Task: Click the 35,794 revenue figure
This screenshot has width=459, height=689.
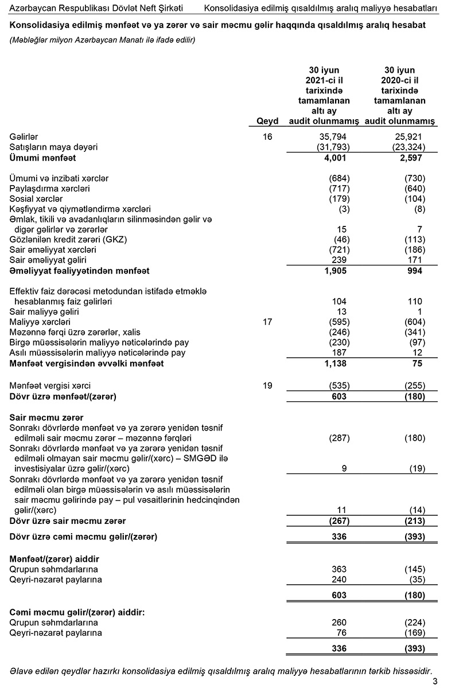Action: (333, 137)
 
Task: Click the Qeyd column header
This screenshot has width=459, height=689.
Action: (268, 121)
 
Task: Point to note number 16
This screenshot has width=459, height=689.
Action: (267, 137)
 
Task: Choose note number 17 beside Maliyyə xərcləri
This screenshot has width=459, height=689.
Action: (267, 322)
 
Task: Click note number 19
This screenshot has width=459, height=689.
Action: (267, 386)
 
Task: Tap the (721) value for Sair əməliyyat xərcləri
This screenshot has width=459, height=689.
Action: (337, 250)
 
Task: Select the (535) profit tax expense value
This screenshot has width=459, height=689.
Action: (337, 386)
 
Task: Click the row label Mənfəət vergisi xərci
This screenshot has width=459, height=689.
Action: (50, 386)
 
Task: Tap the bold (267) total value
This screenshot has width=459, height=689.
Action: (337, 521)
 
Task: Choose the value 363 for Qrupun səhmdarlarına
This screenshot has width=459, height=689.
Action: (340, 569)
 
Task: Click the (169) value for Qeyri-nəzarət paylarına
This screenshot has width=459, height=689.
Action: (414, 633)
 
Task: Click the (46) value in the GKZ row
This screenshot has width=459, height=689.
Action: (340, 240)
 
